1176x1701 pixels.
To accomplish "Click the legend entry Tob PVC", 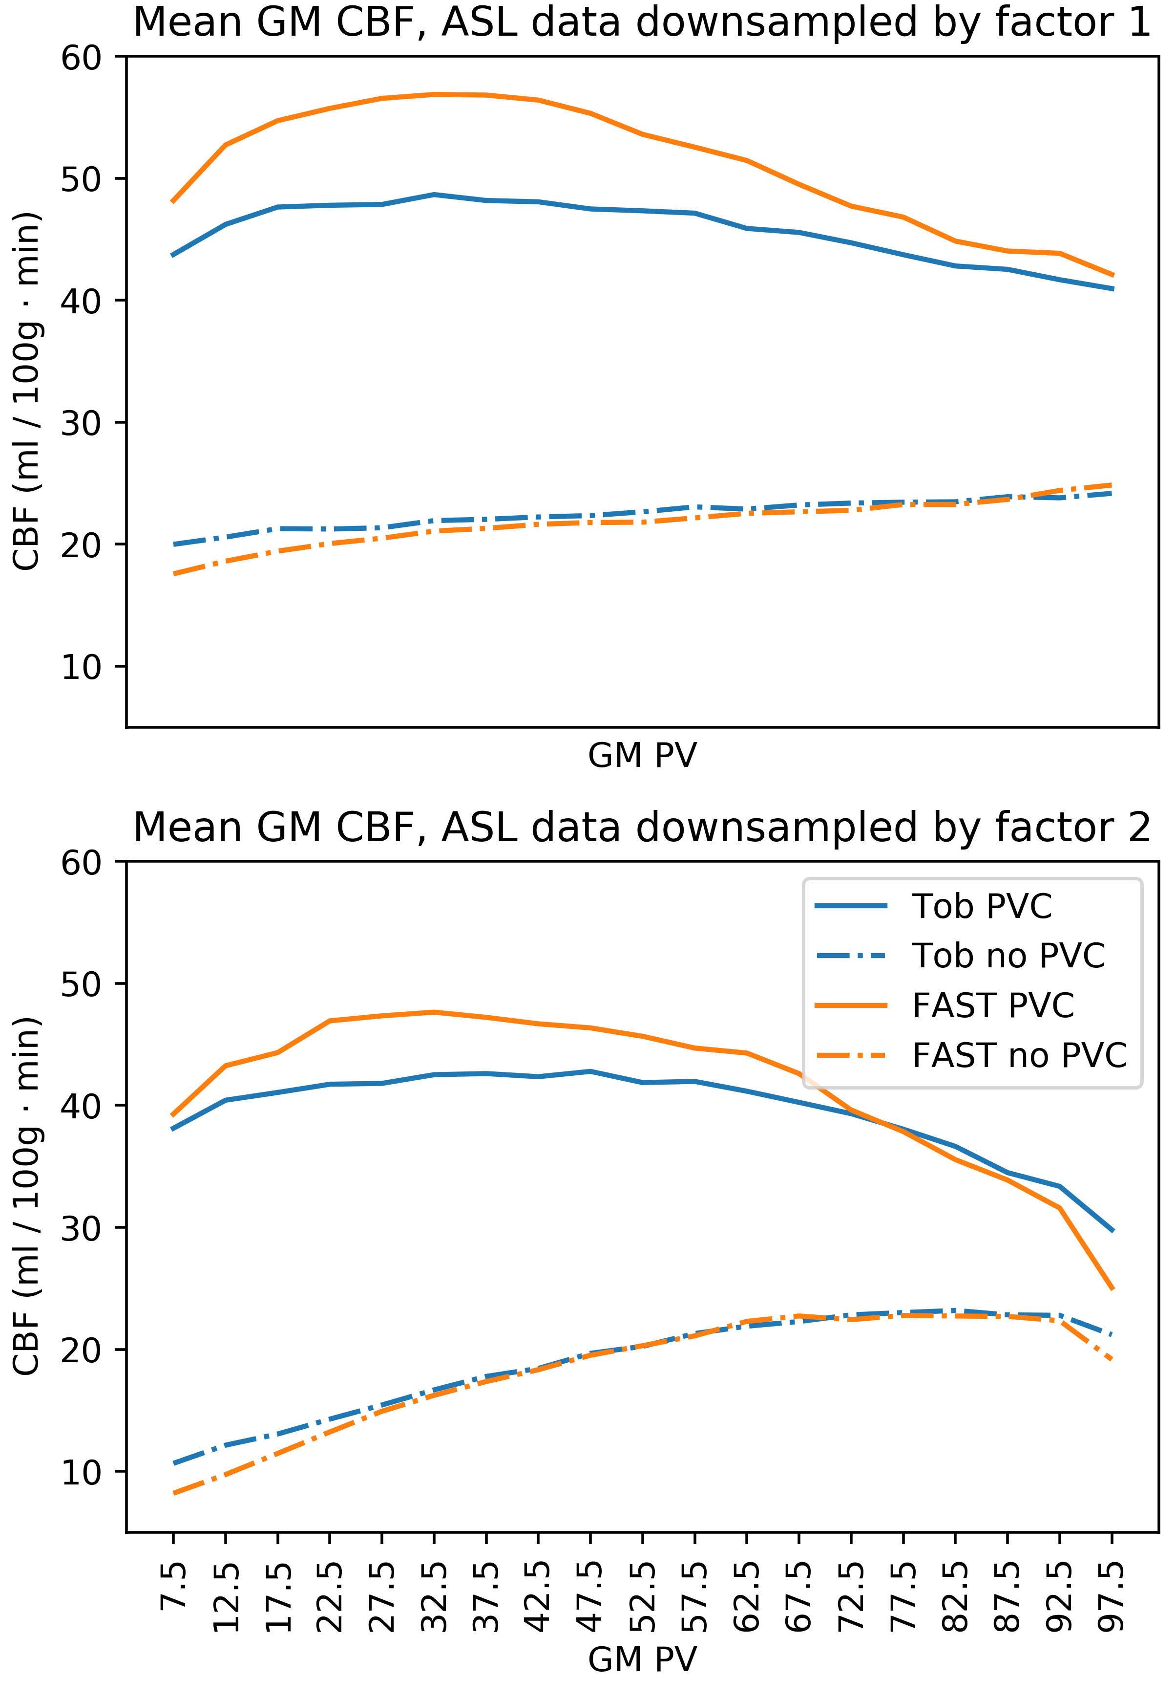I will tap(982, 906).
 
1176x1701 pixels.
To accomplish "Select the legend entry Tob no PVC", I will tap(1008, 956).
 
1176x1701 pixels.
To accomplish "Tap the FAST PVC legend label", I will tap(992, 1006).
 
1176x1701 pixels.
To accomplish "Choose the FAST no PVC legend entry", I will tap(1019, 1056).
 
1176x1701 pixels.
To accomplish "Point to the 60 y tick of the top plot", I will tap(81, 58).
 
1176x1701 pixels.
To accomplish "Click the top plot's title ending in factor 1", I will tap(642, 22).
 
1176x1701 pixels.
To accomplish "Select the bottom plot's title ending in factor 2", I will tap(642, 827).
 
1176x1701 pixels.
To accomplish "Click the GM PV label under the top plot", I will tap(642, 755).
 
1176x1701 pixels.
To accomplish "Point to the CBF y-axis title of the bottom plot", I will tap(26, 1196).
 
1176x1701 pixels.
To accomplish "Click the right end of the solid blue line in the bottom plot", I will tap(1112, 1231).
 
